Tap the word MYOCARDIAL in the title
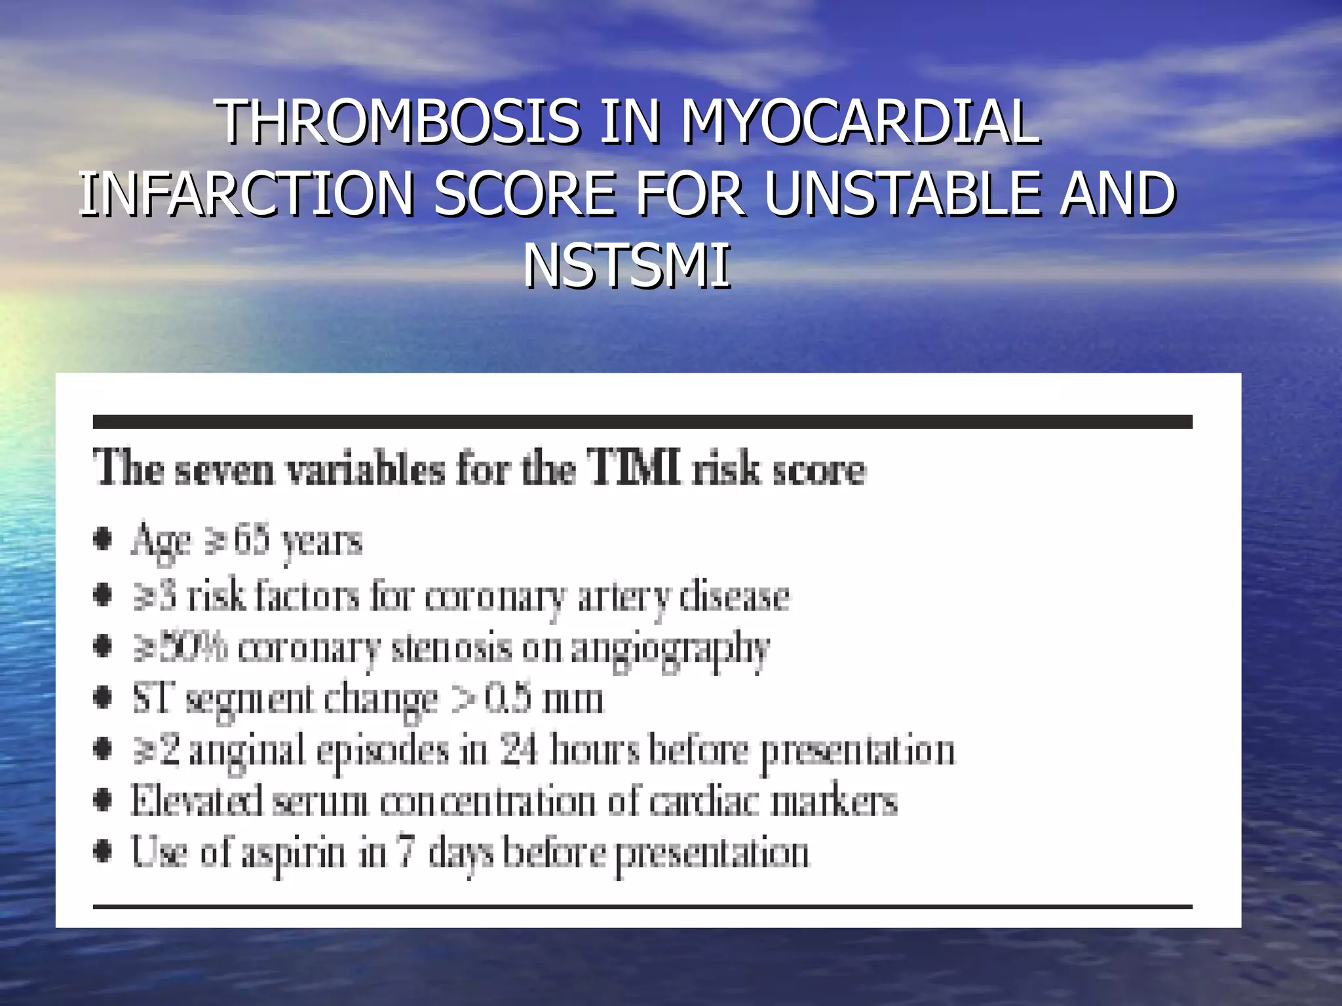(x=860, y=122)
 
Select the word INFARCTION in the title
(x=246, y=194)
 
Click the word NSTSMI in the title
(x=626, y=266)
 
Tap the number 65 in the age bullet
(x=251, y=540)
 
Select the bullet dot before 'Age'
(x=102, y=540)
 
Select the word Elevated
(x=197, y=800)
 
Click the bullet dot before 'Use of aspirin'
(x=102, y=853)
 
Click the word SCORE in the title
(x=524, y=194)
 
